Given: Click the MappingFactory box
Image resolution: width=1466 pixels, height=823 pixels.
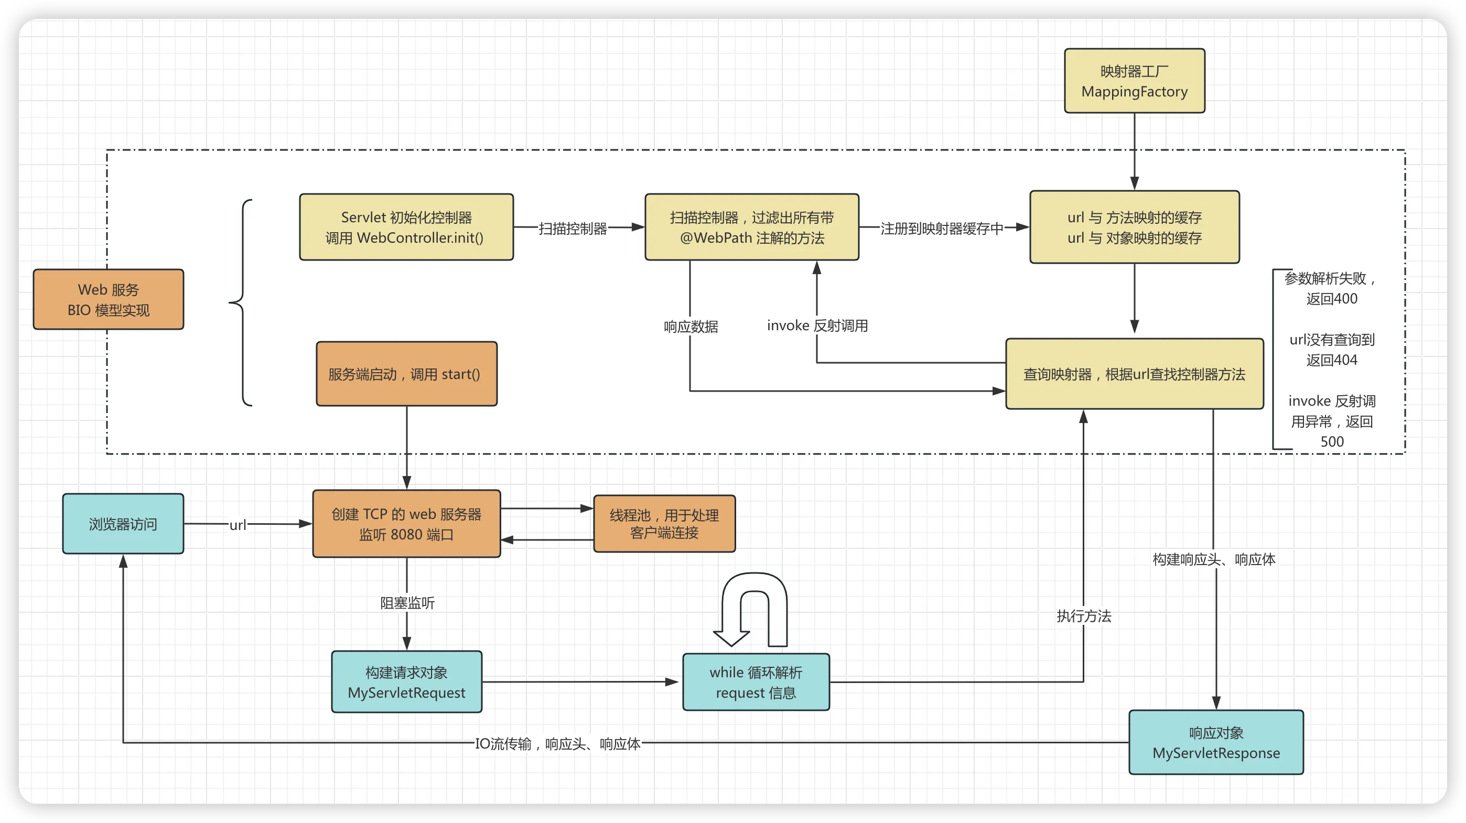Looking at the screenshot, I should [1134, 81].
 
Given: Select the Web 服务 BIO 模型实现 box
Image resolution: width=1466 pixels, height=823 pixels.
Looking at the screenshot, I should [108, 299].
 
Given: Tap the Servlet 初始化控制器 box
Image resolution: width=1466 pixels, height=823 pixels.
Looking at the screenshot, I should [406, 227].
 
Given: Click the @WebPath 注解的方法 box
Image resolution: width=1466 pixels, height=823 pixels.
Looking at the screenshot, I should [751, 227].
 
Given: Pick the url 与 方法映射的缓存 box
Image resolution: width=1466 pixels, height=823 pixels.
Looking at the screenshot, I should [1134, 227].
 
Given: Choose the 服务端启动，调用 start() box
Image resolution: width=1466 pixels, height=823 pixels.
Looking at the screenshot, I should [406, 374].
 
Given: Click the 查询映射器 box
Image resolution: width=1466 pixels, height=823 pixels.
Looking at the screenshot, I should [1134, 374].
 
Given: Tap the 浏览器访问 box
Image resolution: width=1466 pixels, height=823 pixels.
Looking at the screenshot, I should [123, 524].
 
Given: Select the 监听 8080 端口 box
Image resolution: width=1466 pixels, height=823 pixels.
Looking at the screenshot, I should [406, 524].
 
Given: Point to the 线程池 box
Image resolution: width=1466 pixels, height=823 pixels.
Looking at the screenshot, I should [664, 524].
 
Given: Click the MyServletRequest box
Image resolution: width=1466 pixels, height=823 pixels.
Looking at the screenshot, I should [406, 682].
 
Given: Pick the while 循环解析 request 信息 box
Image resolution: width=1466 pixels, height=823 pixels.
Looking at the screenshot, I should [756, 682].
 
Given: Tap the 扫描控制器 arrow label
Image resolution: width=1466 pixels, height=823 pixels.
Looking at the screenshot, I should [573, 228].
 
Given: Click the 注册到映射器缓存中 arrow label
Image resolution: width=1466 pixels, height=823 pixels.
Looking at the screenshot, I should [941, 228].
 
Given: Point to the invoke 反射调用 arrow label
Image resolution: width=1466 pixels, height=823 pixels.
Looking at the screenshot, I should [817, 326].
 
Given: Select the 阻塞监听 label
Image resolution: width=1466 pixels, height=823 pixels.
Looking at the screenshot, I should [407, 603].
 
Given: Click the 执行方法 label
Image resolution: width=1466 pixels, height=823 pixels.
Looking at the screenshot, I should [1084, 616].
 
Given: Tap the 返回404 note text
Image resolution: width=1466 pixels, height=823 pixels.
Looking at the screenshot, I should [1332, 360].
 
